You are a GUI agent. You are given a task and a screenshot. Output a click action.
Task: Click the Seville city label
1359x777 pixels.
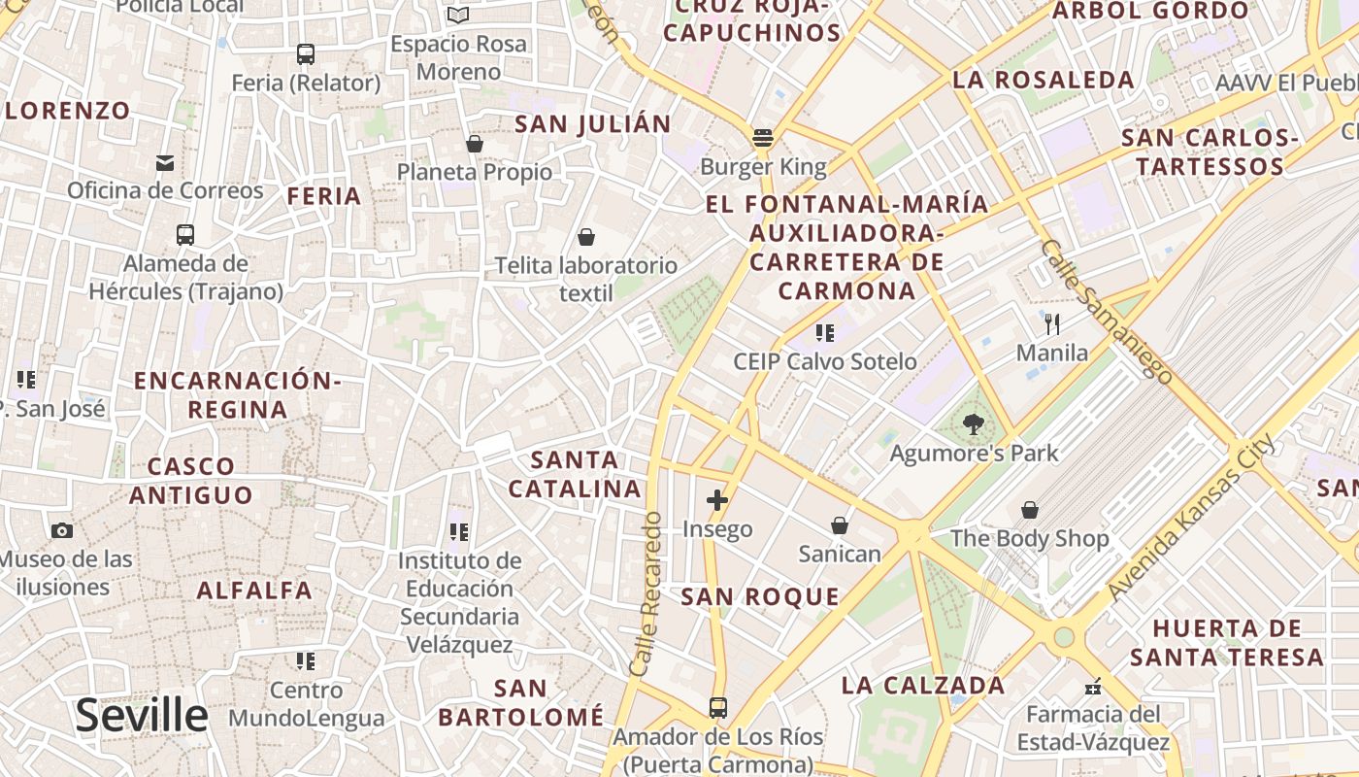coord(142,716)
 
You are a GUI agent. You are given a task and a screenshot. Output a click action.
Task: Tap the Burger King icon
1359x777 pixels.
coord(763,138)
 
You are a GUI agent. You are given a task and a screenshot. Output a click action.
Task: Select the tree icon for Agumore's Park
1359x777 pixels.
coord(973,423)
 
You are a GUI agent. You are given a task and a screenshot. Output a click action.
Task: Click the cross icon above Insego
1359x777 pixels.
coord(717,500)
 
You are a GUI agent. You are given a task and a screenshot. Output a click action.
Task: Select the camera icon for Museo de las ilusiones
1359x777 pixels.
coord(62,530)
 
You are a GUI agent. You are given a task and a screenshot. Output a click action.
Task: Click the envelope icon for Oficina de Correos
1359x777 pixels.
coord(165,162)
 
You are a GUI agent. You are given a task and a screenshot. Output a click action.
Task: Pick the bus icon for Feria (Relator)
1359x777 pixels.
coord(306,54)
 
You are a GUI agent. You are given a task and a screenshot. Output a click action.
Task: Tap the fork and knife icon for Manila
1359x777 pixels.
coord(1052,323)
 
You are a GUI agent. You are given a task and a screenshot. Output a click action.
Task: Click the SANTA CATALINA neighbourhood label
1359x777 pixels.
coord(575,474)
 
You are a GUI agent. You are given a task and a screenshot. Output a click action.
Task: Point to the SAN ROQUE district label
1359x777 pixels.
coord(759,596)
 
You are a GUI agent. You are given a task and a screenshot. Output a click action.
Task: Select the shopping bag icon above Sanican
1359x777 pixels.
coord(840,525)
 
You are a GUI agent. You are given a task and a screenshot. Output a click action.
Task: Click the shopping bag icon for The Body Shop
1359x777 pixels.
coord(1029,510)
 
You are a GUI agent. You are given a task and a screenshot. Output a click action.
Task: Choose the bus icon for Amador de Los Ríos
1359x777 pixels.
coord(717,708)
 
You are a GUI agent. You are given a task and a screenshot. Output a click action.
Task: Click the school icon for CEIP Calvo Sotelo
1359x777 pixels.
coord(825,333)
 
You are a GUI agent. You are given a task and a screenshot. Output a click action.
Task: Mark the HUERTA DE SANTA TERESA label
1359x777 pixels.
coord(1227,643)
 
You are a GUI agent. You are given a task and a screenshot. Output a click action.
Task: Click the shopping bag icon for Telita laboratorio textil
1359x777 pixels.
coord(586,237)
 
